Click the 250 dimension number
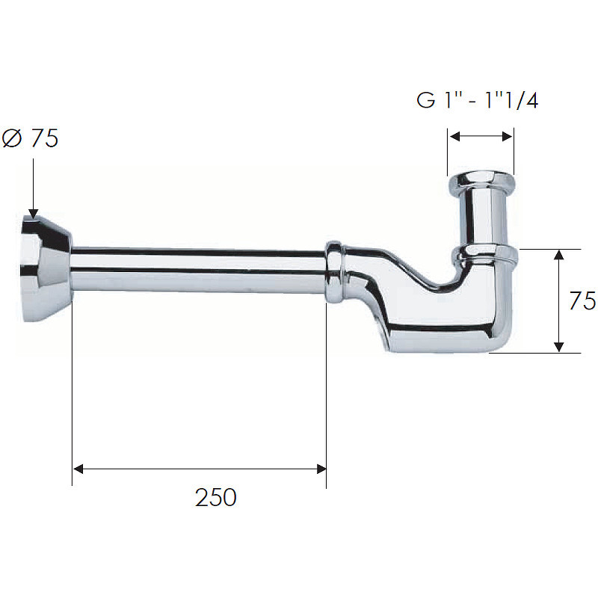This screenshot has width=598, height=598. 216,497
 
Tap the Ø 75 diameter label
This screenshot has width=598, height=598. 30,138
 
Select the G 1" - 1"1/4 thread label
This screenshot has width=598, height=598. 478,100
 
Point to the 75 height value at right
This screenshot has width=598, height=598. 582,300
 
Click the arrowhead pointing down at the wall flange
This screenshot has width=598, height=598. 33,214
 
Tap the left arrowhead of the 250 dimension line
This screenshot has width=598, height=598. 78,469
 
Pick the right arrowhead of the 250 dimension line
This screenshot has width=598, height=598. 321,469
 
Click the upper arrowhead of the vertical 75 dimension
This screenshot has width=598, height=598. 558,255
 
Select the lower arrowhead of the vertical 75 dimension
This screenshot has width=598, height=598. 558,347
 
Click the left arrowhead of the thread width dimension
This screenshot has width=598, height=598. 454,136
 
